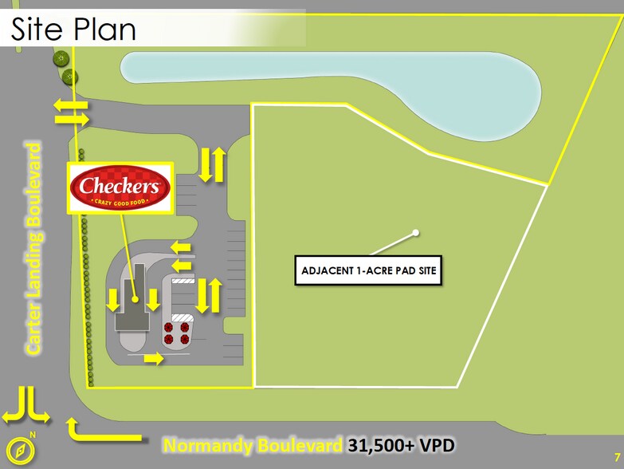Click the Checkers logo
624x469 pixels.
120,187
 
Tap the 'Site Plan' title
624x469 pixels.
73,30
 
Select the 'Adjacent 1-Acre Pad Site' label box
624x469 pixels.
368,270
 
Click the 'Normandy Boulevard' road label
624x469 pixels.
253,445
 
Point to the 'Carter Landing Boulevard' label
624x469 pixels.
33,248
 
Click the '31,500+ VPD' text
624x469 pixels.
401,445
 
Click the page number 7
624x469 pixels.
618,457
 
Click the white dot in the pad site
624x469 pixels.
416,233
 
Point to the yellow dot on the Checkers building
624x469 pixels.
135,299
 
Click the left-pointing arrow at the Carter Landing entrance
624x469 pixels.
71,105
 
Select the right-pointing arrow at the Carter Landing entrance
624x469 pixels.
72,119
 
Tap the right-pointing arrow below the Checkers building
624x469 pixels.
154,358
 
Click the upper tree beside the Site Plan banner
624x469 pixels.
61,59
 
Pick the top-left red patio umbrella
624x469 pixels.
168,328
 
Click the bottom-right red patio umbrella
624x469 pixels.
185,339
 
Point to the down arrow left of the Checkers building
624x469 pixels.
113,300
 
